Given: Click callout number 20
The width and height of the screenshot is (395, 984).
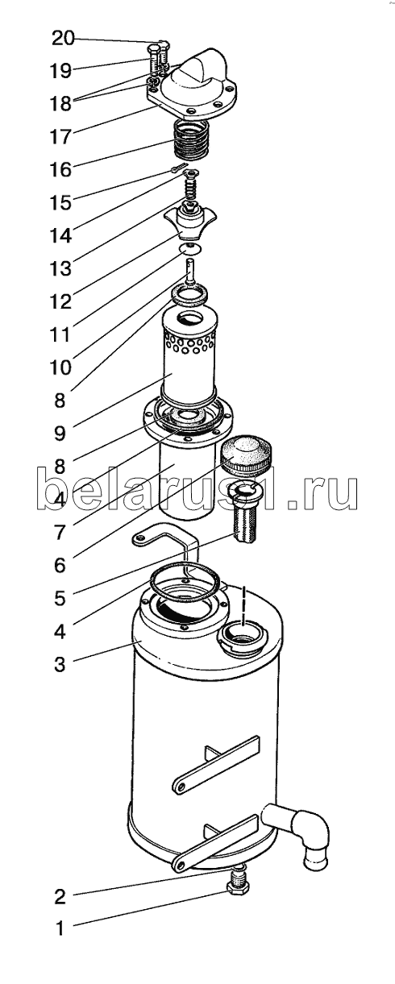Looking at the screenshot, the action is coord(63,39).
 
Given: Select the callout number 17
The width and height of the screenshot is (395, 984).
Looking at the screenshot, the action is coord(60,137).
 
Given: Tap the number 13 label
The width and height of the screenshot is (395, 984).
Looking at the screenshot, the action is coord(60,268).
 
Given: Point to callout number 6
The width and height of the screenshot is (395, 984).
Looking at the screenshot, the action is coord(60,565).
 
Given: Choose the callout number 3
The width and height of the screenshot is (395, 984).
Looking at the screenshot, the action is coord(60,664).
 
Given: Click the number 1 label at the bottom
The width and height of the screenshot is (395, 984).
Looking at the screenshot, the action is coord(60,916).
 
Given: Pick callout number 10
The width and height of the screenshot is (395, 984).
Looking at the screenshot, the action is coord(60,367).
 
